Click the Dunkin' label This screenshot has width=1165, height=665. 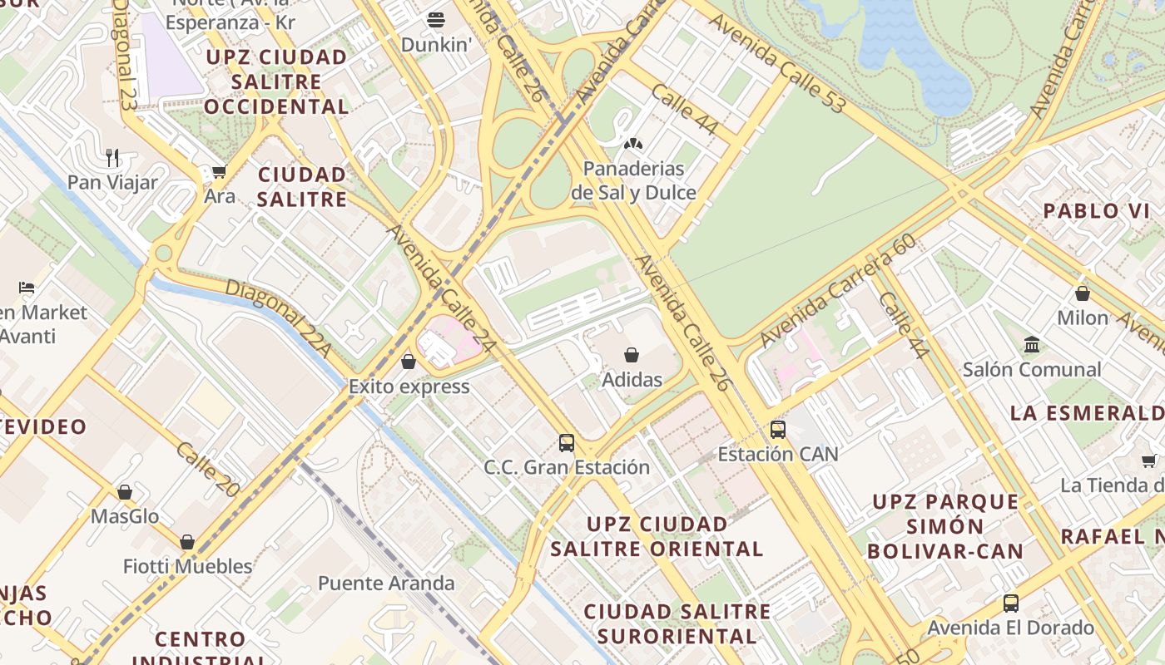[436, 44]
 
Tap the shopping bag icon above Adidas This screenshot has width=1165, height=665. [632, 355]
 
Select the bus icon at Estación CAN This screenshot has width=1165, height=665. [777, 430]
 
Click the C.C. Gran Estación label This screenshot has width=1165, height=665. [567, 467]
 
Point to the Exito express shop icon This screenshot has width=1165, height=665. [408, 362]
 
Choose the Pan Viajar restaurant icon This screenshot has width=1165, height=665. [112, 157]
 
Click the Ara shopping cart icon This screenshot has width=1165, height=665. [219, 171]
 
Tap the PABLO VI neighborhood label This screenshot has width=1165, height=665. [1096, 211]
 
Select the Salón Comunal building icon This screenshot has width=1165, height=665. [1032, 344]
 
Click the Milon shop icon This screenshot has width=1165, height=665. [1083, 293]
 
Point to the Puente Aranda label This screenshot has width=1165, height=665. [386, 584]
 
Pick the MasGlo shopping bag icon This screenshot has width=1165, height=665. [125, 492]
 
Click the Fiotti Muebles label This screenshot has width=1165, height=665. [187, 567]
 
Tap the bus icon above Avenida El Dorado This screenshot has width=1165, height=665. [1010, 603]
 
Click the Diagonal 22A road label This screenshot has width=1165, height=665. [278, 318]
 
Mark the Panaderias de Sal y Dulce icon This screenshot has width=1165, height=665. [633, 144]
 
